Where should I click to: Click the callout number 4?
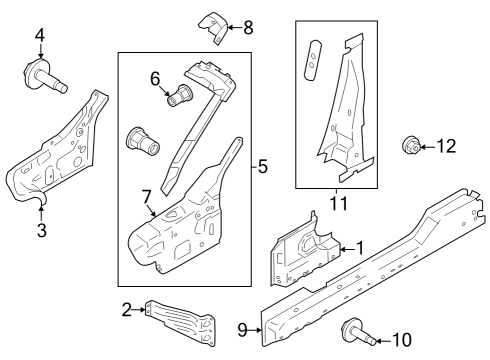coord(39,37)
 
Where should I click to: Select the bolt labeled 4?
coord(45,76)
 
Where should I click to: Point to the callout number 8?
coord(248,28)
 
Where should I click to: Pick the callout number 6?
coord(155,76)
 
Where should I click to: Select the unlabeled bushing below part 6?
coord(141,140)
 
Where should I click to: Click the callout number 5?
coord(262,166)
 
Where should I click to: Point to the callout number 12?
coord(445,147)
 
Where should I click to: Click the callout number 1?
coord(360,247)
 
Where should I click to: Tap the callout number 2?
coord(127,310)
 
